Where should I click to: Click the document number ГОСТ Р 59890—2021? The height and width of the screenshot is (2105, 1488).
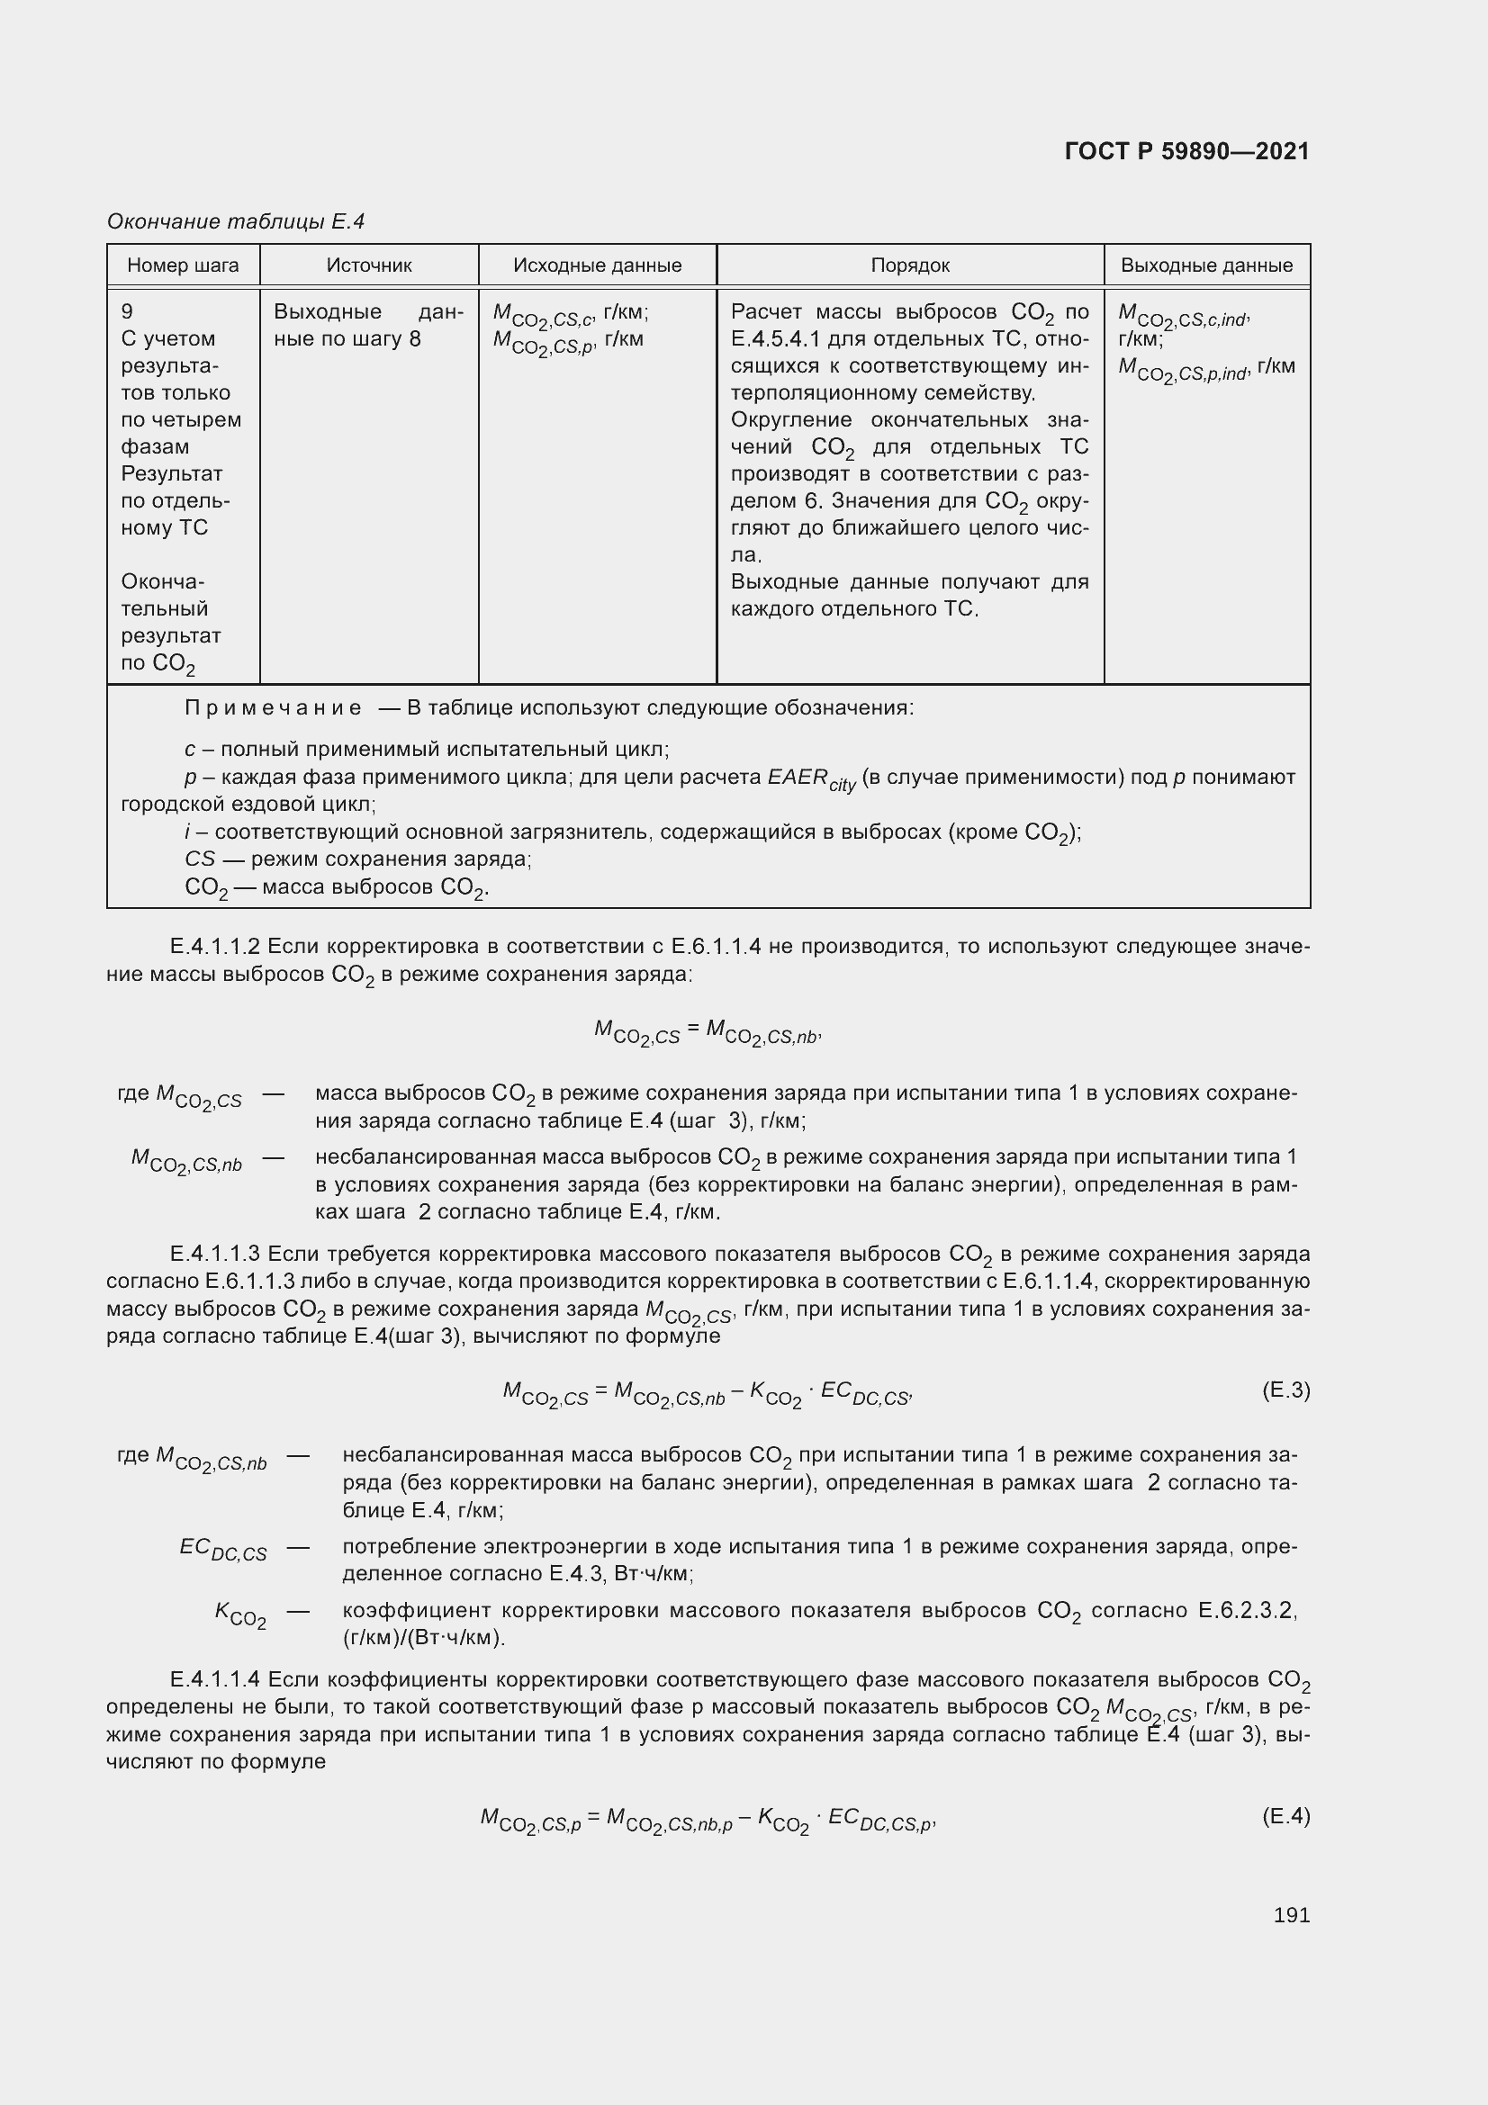pyautogui.click(x=1186, y=151)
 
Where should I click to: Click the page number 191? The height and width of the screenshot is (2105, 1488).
pyautogui.click(x=1291, y=1914)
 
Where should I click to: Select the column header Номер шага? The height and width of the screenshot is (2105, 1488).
pyautogui.click(x=183, y=265)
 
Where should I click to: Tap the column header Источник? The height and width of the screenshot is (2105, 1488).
pyautogui.click(x=368, y=265)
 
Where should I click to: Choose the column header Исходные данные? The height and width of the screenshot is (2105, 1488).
pyautogui.click(x=597, y=265)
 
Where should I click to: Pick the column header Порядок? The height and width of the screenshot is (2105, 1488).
pyautogui.click(x=909, y=265)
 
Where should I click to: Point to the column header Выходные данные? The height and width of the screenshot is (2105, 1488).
pyautogui.click(x=1206, y=265)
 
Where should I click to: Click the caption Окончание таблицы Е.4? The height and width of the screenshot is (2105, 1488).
pyautogui.click(x=236, y=221)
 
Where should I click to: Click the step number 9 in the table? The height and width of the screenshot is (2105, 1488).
pyautogui.click(x=128, y=311)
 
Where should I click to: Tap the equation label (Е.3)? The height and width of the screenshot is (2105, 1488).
pyautogui.click(x=1285, y=1390)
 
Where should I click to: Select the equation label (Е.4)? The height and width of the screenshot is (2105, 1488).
pyautogui.click(x=1285, y=1815)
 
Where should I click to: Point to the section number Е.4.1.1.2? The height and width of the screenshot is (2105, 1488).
pyautogui.click(x=214, y=946)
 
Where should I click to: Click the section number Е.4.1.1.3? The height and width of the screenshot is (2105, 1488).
pyautogui.click(x=214, y=1254)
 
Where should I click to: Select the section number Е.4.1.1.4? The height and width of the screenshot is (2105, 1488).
pyautogui.click(x=214, y=1679)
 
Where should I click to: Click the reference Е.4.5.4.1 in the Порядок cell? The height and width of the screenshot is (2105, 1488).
pyautogui.click(x=775, y=339)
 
